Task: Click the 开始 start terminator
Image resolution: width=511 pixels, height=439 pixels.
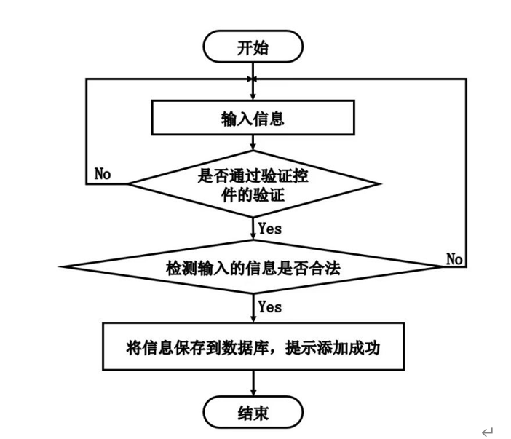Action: [253, 47]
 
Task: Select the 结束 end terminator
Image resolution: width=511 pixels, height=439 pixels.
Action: [253, 412]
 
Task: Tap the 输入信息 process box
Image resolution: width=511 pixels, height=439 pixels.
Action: [253, 118]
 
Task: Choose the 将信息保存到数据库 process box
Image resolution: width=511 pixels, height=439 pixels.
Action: [253, 347]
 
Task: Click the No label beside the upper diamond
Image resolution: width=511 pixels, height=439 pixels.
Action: [103, 174]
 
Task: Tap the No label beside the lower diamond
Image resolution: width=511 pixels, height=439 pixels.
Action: [454, 259]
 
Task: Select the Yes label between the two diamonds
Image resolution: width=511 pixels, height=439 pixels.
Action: [270, 229]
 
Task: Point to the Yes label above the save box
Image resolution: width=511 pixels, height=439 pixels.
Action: [270, 306]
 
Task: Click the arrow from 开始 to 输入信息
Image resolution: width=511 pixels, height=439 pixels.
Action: [253, 81]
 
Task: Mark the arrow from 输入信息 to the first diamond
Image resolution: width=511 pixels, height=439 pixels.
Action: [253, 143]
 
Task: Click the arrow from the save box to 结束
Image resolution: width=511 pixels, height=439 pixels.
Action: [253, 383]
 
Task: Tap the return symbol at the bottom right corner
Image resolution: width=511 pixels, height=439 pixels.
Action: [488, 432]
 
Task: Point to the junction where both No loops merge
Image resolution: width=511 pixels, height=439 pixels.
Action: [253, 79]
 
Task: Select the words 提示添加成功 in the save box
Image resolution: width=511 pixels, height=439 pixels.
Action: [333, 348]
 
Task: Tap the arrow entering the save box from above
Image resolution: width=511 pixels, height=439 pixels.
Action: [253, 308]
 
